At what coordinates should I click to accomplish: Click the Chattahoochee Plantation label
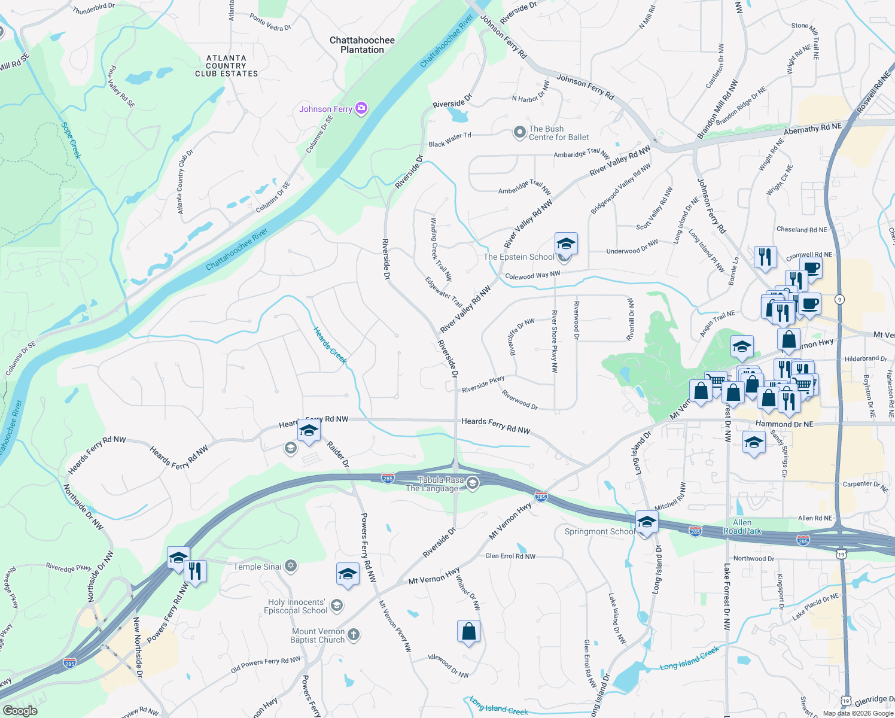tap(362, 45)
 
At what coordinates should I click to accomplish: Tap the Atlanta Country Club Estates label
tap(226, 66)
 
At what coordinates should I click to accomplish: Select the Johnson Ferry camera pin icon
tap(361, 108)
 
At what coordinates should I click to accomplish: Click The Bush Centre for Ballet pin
tap(519, 133)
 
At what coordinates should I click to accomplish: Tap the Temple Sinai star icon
tap(290, 566)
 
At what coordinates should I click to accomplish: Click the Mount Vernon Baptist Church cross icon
tap(354, 635)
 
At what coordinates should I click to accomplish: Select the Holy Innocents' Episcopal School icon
tap(337, 606)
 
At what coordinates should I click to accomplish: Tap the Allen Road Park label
tap(742, 527)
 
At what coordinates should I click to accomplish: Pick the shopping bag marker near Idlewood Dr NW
tap(469, 632)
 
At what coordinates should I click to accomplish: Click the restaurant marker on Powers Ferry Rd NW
tap(194, 571)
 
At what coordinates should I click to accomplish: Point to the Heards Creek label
tap(330, 345)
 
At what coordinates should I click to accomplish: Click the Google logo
tap(20, 711)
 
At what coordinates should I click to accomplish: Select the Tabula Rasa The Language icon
tap(473, 483)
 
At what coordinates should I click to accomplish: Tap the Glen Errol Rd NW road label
tap(510, 556)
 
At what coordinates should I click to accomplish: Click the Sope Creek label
tap(71, 141)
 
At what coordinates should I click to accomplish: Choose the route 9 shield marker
tap(840, 299)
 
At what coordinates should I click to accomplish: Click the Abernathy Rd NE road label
tap(812, 129)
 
